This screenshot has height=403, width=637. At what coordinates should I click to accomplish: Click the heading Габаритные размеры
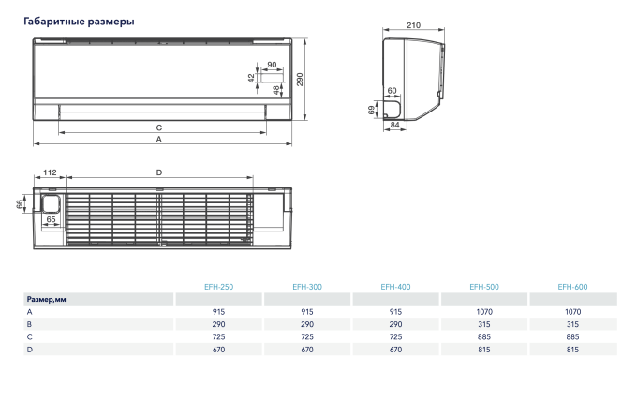(x=78, y=21)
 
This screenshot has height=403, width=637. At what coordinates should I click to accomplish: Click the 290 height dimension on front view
(x=301, y=80)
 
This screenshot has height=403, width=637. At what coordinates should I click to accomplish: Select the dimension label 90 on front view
(x=272, y=65)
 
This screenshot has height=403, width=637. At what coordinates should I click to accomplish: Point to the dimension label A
(x=159, y=139)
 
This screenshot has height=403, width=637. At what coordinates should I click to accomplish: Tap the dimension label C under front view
(x=159, y=127)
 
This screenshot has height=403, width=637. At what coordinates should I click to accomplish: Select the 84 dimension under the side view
(x=394, y=125)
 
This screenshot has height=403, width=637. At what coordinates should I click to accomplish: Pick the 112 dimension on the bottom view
(x=51, y=172)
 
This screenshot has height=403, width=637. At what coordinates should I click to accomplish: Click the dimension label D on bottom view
(x=159, y=172)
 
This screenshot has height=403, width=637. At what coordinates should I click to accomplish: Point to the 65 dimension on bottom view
(x=51, y=219)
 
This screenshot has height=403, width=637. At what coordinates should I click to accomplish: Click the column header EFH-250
(x=218, y=287)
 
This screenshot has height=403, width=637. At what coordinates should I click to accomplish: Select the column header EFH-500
(x=483, y=287)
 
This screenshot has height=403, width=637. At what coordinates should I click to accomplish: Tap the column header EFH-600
(x=572, y=287)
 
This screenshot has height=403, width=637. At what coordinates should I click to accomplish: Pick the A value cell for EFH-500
(x=483, y=311)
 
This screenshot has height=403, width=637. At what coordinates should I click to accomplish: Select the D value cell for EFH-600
(x=572, y=349)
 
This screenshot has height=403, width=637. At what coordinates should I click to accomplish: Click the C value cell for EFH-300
(x=306, y=336)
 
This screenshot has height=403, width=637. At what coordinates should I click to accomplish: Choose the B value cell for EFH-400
(x=394, y=323)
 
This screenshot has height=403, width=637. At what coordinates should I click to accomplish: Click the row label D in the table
(x=29, y=349)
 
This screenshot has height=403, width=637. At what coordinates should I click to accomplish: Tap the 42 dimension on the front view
(x=251, y=79)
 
